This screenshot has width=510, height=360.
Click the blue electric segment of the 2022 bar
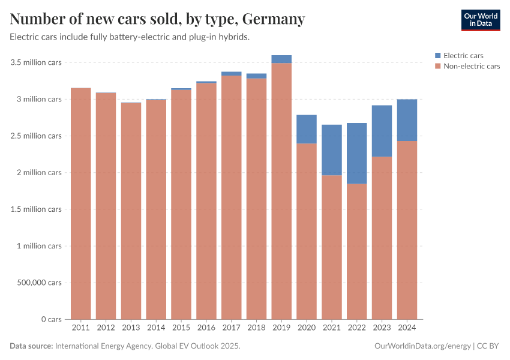click(x=356, y=153)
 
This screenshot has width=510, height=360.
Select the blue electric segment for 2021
click(x=331, y=150)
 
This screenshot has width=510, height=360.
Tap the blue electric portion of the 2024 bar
click(x=407, y=120)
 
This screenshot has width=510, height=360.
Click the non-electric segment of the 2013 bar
click(x=131, y=211)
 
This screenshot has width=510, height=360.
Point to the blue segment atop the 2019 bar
click(x=281, y=59)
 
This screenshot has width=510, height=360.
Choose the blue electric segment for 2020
click(x=306, y=129)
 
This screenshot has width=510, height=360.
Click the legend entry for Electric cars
click(x=463, y=56)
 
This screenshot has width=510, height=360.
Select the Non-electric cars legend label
click(x=471, y=66)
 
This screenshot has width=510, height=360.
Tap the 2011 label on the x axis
click(x=80, y=328)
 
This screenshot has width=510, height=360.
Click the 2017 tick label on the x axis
click(x=231, y=328)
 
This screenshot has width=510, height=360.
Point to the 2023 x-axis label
click(x=382, y=328)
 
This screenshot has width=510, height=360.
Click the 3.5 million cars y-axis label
click(x=35, y=62)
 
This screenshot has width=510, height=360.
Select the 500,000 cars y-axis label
click(x=38, y=283)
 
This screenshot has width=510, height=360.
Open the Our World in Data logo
click(x=480, y=20)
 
